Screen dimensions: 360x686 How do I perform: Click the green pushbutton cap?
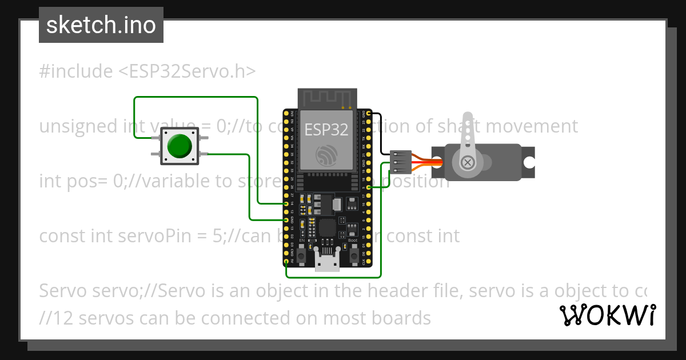[x=179, y=146]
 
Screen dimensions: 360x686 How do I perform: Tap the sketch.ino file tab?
[x=101, y=25]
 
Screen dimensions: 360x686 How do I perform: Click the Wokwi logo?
[x=607, y=315]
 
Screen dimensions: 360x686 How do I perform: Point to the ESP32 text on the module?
[x=326, y=130]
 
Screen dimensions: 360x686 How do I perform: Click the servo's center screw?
[x=468, y=163]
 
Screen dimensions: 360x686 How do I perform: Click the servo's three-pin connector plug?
[x=400, y=162]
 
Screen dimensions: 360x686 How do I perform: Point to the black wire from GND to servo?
[x=379, y=134]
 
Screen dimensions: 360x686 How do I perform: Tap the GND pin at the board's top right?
[x=369, y=114]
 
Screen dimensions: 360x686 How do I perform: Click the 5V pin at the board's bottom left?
[x=286, y=262]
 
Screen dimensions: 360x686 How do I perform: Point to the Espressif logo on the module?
[x=326, y=155]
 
